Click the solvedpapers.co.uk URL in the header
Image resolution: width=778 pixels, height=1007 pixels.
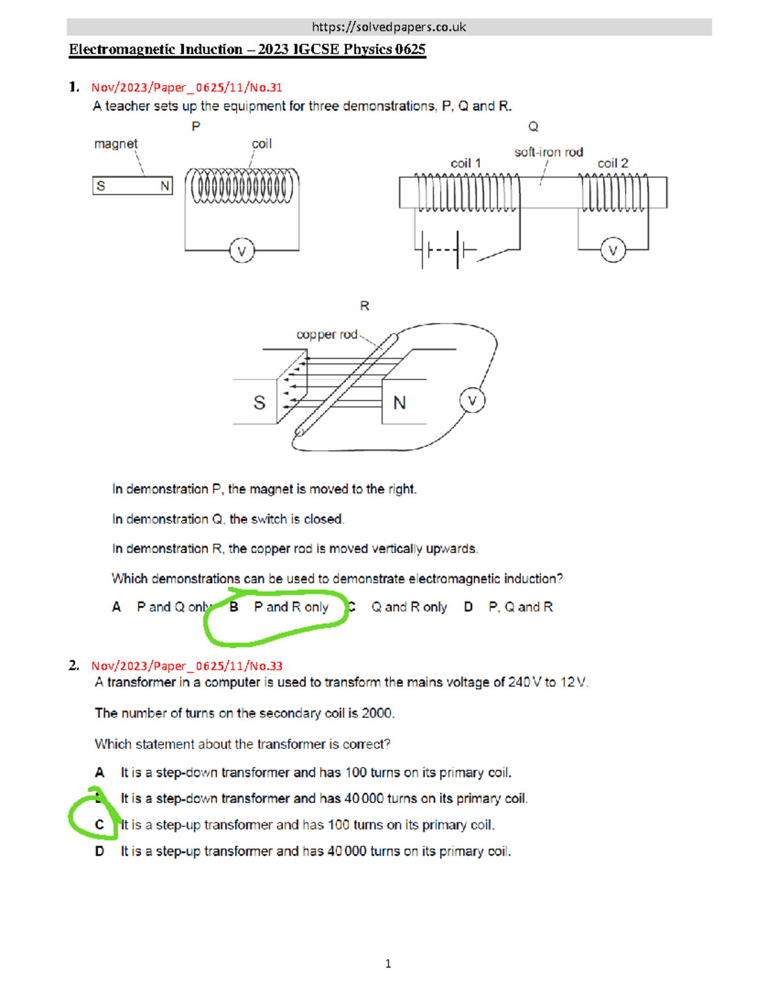point(388,27)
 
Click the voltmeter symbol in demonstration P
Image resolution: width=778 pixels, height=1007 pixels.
point(242,251)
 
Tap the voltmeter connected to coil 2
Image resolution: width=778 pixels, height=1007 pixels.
point(613,250)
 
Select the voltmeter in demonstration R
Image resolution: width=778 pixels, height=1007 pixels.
point(472,401)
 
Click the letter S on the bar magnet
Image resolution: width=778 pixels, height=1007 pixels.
point(101,186)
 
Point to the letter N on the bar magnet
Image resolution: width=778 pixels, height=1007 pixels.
point(165,186)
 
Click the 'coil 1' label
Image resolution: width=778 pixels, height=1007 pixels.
point(466,163)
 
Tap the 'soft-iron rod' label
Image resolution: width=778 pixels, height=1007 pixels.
point(548,152)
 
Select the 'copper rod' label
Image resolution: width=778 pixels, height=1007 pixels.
point(327,335)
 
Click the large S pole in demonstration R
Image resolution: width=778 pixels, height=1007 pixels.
point(259,403)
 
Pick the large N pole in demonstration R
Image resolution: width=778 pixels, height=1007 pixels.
point(399,403)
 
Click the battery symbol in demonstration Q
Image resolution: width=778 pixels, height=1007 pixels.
point(445,250)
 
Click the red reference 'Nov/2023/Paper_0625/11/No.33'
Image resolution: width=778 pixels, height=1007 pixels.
point(187,666)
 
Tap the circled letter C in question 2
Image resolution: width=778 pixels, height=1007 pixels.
point(99,825)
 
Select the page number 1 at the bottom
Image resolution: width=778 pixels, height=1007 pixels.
point(388,964)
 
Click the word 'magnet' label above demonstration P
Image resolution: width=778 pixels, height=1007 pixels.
point(115,144)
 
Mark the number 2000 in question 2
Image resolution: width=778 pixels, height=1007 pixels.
point(377,713)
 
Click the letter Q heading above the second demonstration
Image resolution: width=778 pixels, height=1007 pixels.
point(533,126)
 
